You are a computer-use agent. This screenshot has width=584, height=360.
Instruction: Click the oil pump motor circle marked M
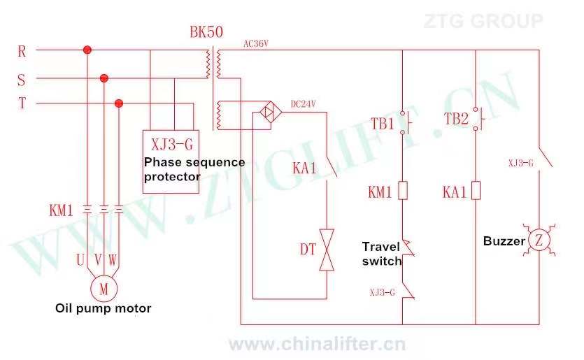(103, 287)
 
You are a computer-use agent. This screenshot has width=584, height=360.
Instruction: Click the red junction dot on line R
(87, 50)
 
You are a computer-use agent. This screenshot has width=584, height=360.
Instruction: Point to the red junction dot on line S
(104, 78)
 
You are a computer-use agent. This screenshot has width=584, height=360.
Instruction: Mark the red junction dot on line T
(119, 103)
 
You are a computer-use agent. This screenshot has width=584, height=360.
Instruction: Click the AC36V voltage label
(256, 43)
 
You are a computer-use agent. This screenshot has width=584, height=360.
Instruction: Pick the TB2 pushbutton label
(455, 119)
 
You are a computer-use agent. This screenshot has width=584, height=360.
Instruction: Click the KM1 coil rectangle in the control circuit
(403, 191)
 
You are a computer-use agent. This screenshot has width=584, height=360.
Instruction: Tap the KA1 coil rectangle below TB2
(475, 191)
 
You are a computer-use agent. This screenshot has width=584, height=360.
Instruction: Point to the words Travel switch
(382, 253)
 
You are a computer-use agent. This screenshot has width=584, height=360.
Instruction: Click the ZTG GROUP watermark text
(483, 21)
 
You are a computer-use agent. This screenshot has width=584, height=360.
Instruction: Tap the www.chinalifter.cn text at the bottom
(317, 344)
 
